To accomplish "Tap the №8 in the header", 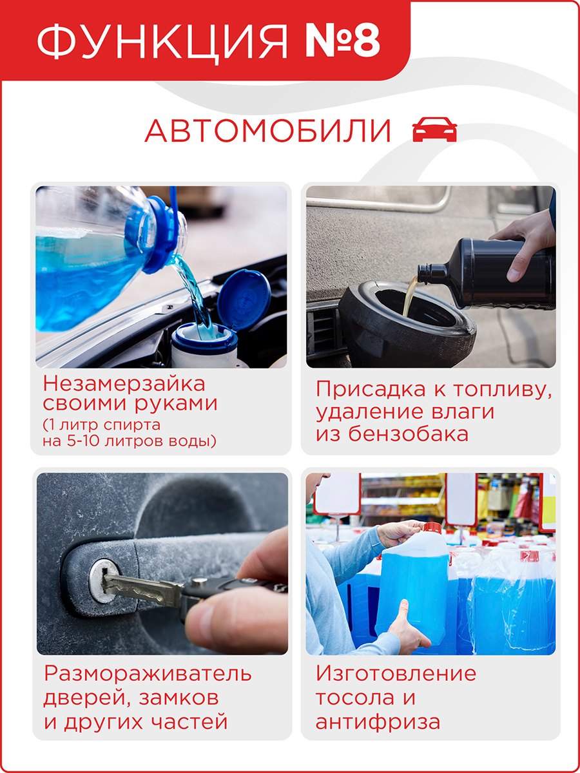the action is [x=343, y=40].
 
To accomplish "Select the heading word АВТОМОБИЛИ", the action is [x=268, y=130].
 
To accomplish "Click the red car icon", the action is [x=434, y=129].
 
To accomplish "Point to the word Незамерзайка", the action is [x=124, y=384].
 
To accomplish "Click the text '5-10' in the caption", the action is [x=84, y=441].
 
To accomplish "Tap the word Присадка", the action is [x=371, y=390].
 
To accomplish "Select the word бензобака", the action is [x=409, y=434].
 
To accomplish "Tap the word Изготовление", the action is [x=396, y=673].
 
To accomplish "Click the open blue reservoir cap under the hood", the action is [x=244, y=300].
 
